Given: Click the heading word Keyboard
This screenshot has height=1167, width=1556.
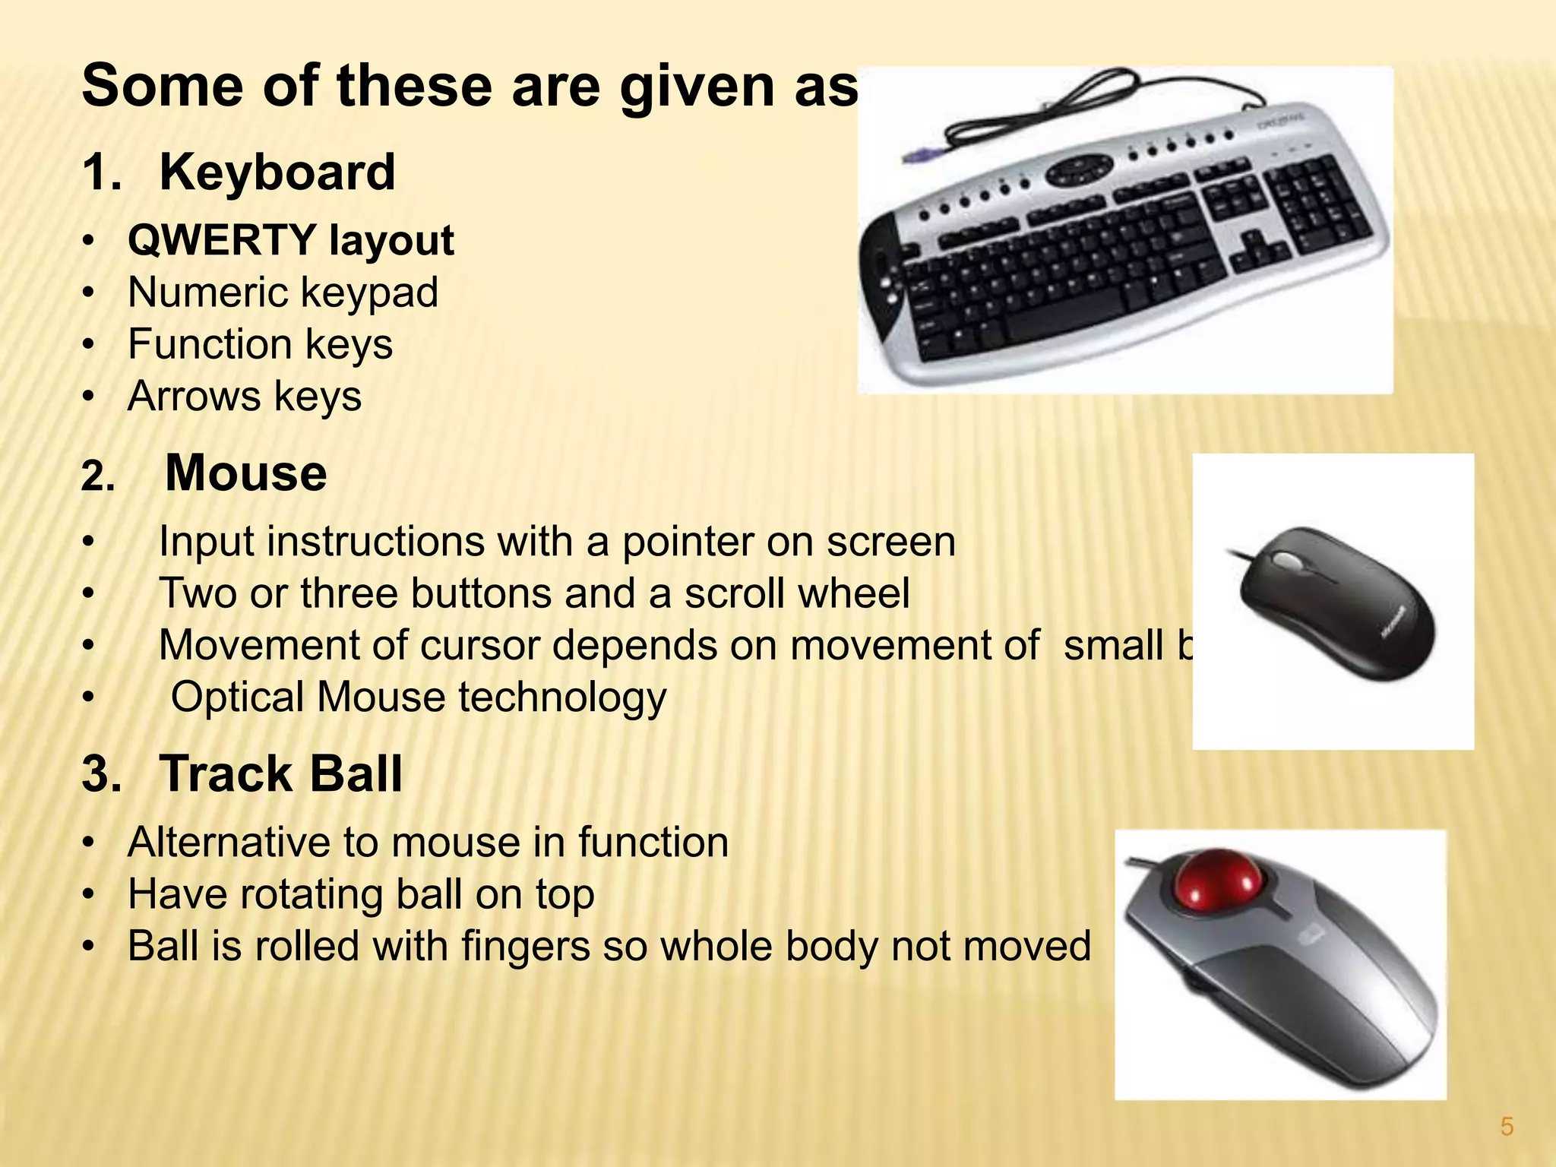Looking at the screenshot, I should point(277,172).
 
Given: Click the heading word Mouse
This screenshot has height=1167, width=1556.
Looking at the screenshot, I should point(245,473).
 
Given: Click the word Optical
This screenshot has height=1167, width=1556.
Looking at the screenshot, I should point(237,697).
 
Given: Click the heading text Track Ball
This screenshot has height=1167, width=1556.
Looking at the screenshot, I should point(280,774).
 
